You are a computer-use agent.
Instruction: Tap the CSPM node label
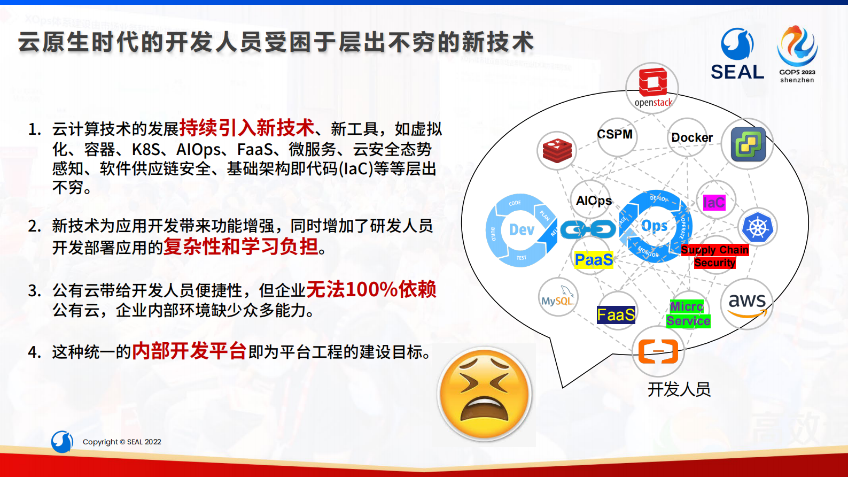(615, 135)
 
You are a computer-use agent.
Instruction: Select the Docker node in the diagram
(691, 138)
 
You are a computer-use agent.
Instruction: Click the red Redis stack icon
(557, 150)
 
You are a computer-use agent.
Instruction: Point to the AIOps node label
(594, 201)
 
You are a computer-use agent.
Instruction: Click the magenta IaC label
(714, 203)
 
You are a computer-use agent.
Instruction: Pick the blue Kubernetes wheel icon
(757, 227)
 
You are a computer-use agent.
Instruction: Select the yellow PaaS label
(594, 260)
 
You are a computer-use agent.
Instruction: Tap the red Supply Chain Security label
(715, 256)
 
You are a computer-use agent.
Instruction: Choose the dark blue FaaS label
(616, 315)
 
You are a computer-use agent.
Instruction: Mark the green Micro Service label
(688, 314)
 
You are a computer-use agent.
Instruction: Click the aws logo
(747, 303)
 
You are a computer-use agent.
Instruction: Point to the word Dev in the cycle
(522, 230)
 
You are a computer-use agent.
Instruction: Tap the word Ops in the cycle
(654, 226)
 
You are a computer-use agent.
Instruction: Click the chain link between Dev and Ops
(588, 230)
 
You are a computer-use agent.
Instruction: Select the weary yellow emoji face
(485, 394)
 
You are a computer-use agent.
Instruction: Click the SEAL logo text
(737, 72)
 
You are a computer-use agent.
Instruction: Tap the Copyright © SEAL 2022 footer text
(122, 442)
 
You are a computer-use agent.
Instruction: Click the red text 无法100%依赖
(371, 290)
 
